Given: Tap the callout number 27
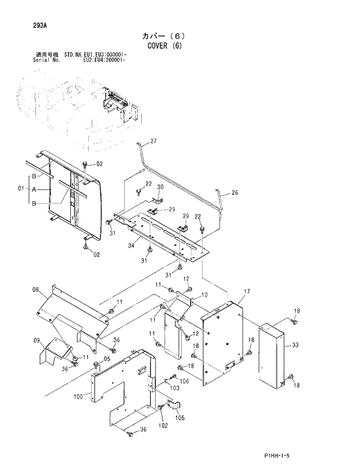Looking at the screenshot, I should [x=153, y=141].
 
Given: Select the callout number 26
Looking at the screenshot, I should [x=235, y=193].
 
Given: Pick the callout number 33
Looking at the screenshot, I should [x=295, y=345].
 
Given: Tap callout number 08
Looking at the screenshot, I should [x=35, y=290].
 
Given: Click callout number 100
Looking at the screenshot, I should [x=79, y=397].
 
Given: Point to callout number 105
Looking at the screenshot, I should [x=179, y=418].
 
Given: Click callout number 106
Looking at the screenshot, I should [x=185, y=381].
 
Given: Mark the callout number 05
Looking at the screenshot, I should [x=106, y=359].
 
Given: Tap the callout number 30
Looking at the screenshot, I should [x=161, y=187].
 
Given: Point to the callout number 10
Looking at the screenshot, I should [x=204, y=295].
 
